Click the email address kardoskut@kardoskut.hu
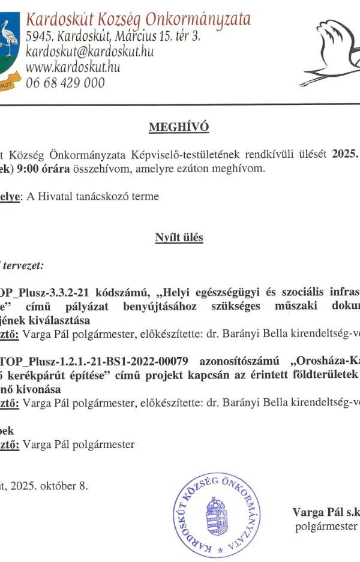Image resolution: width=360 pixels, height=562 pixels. pos(89,52)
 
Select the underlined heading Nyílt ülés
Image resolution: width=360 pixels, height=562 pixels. pos(179,238)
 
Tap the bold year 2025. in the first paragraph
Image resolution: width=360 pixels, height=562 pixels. pos(346,153)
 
